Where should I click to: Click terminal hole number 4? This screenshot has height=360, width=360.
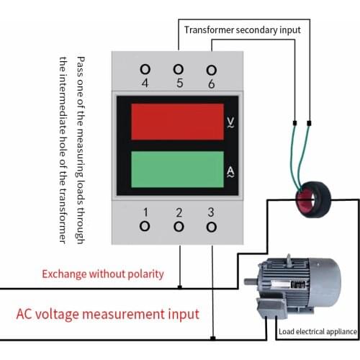tap(145, 69)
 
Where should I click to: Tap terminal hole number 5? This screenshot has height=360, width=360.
tap(179, 69)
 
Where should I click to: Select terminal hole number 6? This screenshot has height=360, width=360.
tap(211, 69)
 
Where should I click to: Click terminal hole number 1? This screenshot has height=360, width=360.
tap(145, 226)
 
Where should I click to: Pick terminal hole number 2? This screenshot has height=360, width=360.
tap(179, 226)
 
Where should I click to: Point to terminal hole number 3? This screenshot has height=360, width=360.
tap(211, 226)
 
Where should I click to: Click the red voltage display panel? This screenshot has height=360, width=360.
tap(177, 122)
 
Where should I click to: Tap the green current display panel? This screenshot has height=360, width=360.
tap(177, 170)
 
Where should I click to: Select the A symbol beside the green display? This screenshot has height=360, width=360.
tap(230, 171)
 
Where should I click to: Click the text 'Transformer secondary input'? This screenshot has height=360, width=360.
tap(242, 30)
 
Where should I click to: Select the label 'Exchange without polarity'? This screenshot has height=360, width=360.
tap(103, 274)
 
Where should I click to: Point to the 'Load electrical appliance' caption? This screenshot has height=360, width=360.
tap(317, 332)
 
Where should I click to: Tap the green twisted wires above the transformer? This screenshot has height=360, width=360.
tap(302, 155)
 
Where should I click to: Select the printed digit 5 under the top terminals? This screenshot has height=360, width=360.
tap(179, 83)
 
